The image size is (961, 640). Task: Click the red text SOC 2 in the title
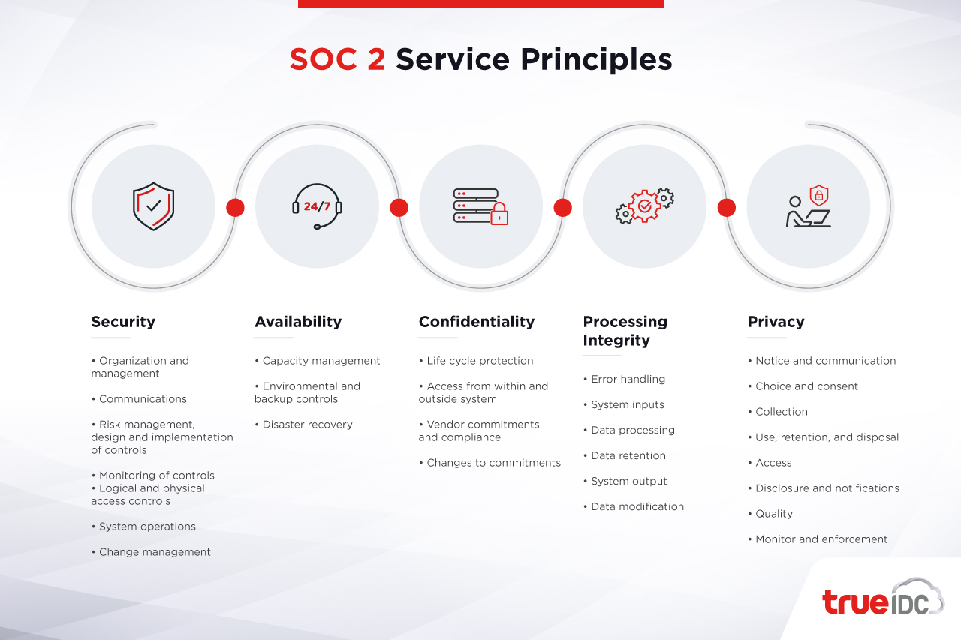337,59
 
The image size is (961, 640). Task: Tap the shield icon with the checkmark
154,206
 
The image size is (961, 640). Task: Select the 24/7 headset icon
317,206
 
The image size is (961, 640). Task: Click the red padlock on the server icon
499,214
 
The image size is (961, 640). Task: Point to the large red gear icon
644,206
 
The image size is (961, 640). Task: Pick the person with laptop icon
809,206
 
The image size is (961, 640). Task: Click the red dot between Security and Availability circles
235,208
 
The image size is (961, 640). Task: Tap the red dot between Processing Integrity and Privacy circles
726,208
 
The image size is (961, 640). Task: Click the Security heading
123,321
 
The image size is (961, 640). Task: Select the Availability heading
298,322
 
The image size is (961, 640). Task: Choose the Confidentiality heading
477,322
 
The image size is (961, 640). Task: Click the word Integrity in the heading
616,341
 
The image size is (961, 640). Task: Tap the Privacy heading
776,322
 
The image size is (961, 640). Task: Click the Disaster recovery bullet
304,425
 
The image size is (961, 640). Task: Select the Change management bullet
151,552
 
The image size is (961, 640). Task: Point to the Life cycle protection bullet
476,361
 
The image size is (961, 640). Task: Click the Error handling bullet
624,380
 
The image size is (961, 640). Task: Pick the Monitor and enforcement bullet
818,539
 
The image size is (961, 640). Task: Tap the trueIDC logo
883,597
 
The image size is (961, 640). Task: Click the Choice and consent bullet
803,386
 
